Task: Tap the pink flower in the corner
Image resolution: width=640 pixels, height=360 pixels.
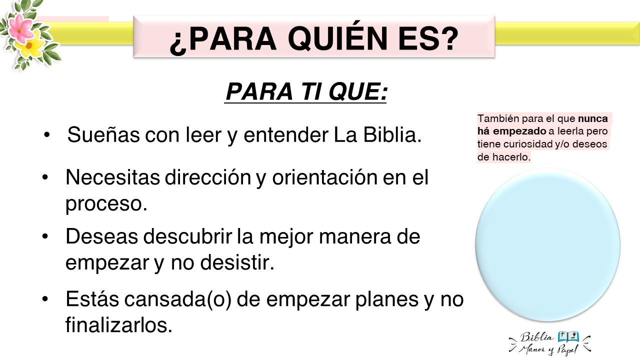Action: click(20, 28)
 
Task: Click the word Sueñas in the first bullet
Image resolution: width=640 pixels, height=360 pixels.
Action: click(103, 134)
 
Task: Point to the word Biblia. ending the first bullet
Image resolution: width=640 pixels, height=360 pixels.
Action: click(392, 134)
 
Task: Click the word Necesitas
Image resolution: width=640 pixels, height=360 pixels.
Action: click(112, 177)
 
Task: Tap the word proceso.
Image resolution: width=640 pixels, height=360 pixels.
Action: click(106, 204)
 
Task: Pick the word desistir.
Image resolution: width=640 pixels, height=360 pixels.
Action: click(237, 262)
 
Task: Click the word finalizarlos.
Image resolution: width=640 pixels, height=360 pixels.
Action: click(119, 325)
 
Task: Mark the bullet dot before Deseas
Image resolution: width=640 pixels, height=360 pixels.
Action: click(45, 236)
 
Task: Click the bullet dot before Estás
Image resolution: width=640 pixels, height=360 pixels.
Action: click(45, 299)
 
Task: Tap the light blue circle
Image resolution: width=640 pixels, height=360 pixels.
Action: click(547, 245)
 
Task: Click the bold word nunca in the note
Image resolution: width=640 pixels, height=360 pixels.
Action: click(593, 118)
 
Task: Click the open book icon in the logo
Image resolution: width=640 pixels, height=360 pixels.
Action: click(568, 336)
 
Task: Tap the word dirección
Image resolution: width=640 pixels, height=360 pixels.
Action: click(208, 177)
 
